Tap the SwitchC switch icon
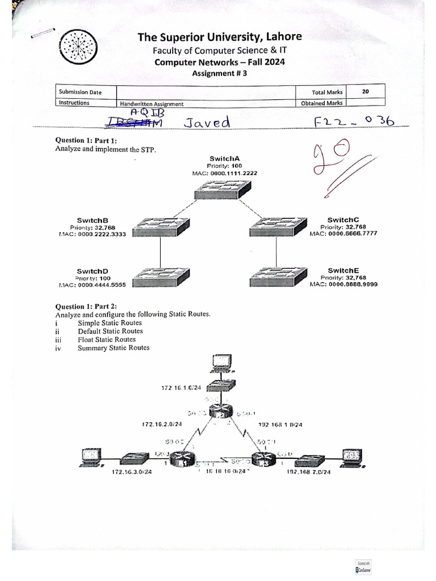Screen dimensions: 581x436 (276, 228)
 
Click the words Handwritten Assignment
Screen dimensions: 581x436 (152, 104)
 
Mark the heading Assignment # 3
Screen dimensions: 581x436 (219, 73)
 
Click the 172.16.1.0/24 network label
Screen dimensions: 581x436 (181, 388)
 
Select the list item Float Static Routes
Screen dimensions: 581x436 (107, 339)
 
